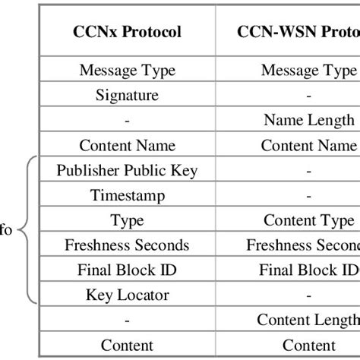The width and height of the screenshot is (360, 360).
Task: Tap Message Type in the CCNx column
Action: pos(127,71)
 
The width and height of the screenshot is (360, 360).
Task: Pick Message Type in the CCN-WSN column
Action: pos(308,71)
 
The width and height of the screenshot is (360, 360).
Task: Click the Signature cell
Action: pos(127,95)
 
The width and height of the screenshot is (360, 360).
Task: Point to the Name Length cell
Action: pos(308,120)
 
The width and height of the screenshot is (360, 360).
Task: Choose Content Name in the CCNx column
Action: pos(127,145)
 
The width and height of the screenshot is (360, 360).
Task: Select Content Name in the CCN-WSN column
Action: pos(308,145)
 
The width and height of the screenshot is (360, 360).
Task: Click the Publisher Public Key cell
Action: pos(127,170)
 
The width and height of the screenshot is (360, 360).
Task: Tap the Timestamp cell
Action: pos(127,195)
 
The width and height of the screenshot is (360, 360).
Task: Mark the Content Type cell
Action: pos(308,220)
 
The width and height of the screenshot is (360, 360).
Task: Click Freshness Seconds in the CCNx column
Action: pos(127,245)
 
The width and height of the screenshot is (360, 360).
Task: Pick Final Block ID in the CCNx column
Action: pos(127,270)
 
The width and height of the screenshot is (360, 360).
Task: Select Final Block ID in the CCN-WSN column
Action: pos(308,270)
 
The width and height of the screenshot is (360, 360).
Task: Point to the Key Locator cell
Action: pos(127,295)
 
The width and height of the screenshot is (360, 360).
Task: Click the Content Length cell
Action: pos(308,320)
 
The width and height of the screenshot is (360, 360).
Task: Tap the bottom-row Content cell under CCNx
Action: pos(127,344)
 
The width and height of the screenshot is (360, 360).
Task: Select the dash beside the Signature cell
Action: pos(308,96)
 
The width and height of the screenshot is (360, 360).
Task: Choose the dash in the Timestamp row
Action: pos(308,195)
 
